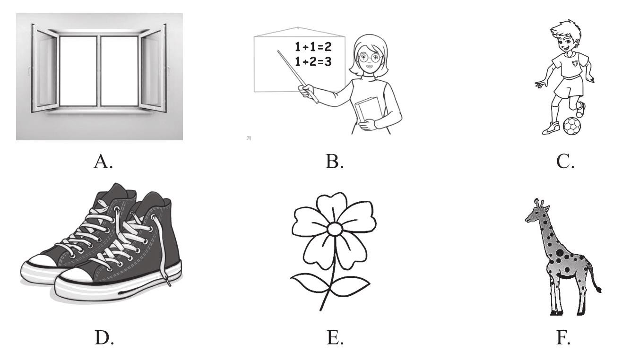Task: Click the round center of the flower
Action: (335, 230)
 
